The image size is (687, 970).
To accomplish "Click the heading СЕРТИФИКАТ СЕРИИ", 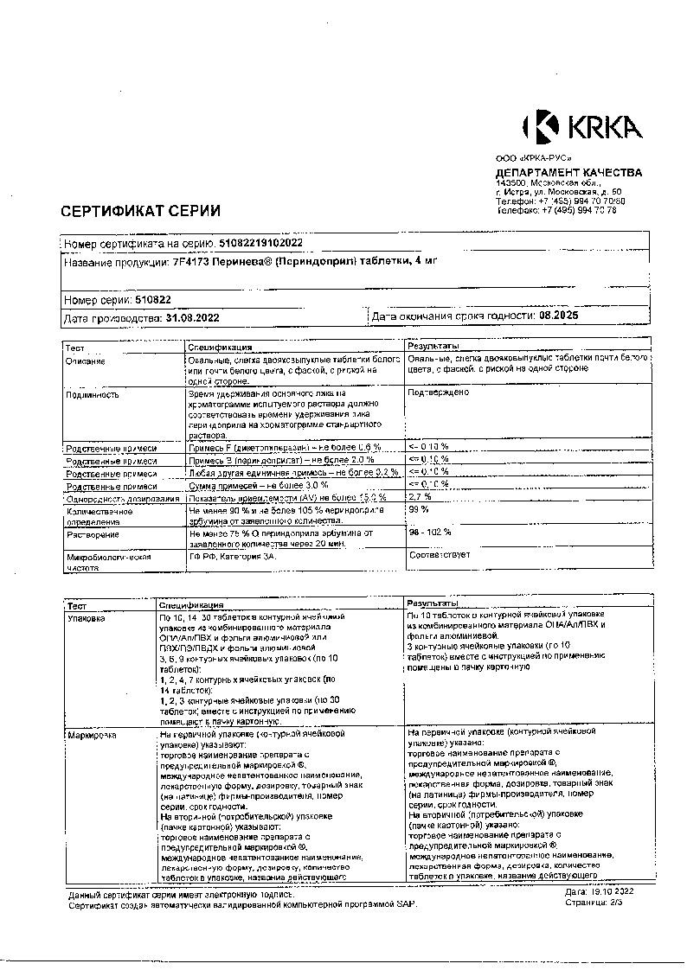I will coord(140,211).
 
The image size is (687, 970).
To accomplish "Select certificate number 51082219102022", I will coord(261,245).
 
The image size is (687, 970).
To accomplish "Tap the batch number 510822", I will coord(152,300).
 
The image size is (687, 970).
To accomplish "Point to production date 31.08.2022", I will coord(191,318).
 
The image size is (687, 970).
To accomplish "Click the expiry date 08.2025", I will coord(557,317).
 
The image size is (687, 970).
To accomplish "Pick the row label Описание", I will coord(85,361).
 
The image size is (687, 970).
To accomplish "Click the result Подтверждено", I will coord(438,392).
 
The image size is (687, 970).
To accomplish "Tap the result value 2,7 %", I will coord(420,498).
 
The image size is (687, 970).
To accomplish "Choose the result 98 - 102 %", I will coord(429,532).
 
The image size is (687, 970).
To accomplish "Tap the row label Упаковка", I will coord(86,619).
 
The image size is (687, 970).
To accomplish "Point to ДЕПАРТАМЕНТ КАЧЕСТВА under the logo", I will coord(568,172).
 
